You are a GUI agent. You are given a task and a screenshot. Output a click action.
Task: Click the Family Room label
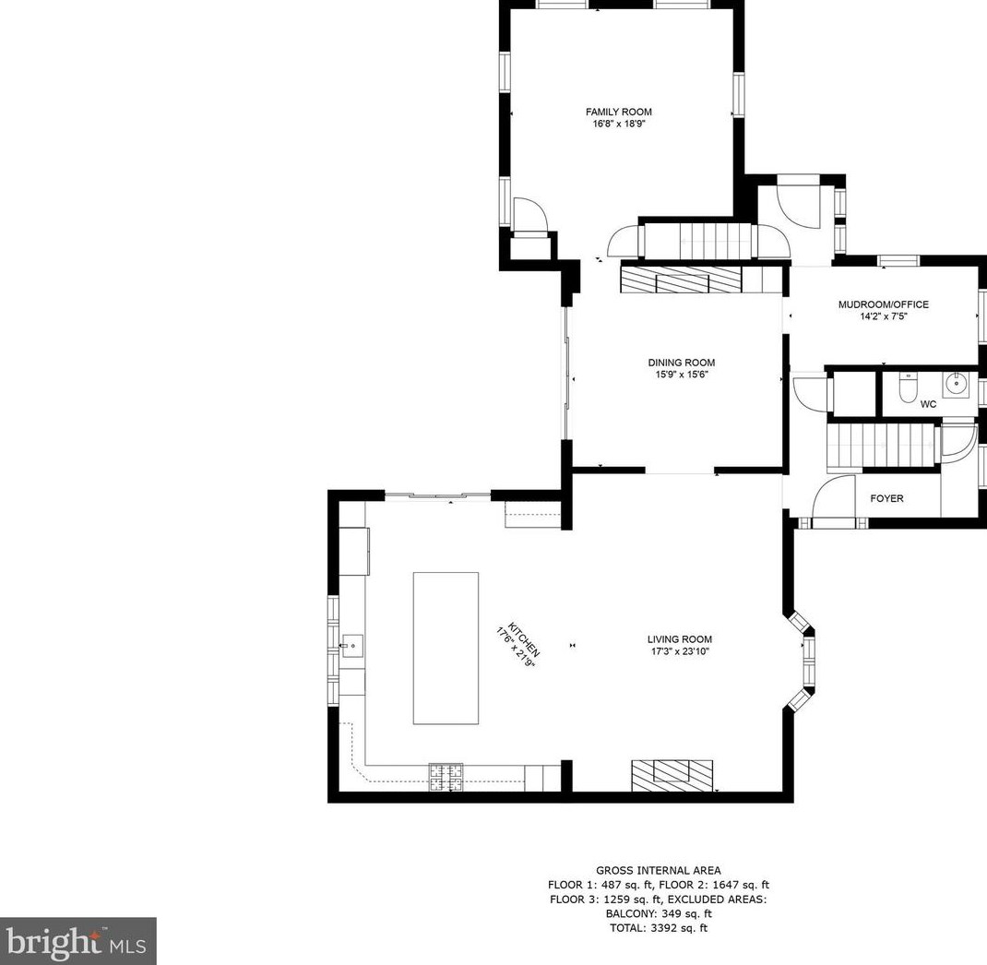(x=619, y=112)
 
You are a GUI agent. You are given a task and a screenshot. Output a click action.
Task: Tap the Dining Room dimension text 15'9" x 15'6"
(x=682, y=375)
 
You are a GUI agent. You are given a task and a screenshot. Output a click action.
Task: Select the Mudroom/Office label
(x=883, y=304)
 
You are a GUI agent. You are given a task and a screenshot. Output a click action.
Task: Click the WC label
(x=929, y=404)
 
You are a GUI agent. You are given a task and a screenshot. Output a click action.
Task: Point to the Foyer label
(x=886, y=498)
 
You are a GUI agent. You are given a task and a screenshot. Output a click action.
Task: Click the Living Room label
(x=680, y=639)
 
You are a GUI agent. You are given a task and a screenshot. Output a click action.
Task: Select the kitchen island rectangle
(x=446, y=649)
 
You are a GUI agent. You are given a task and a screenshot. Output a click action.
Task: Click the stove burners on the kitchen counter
(x=446, y=777)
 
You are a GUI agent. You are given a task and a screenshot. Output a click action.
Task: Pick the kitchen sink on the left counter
(x=351, y=646)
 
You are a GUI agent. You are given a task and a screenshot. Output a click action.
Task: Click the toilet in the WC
(x=908, y=387)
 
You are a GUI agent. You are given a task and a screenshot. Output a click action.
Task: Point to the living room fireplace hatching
(x=672, y=776)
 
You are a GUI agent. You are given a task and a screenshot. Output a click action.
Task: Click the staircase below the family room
(x=697, y=240)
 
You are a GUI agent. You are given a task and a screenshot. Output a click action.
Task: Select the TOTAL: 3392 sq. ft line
(x=659, y=928)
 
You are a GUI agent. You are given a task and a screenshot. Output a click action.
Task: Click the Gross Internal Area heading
(x=659, y=871)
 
